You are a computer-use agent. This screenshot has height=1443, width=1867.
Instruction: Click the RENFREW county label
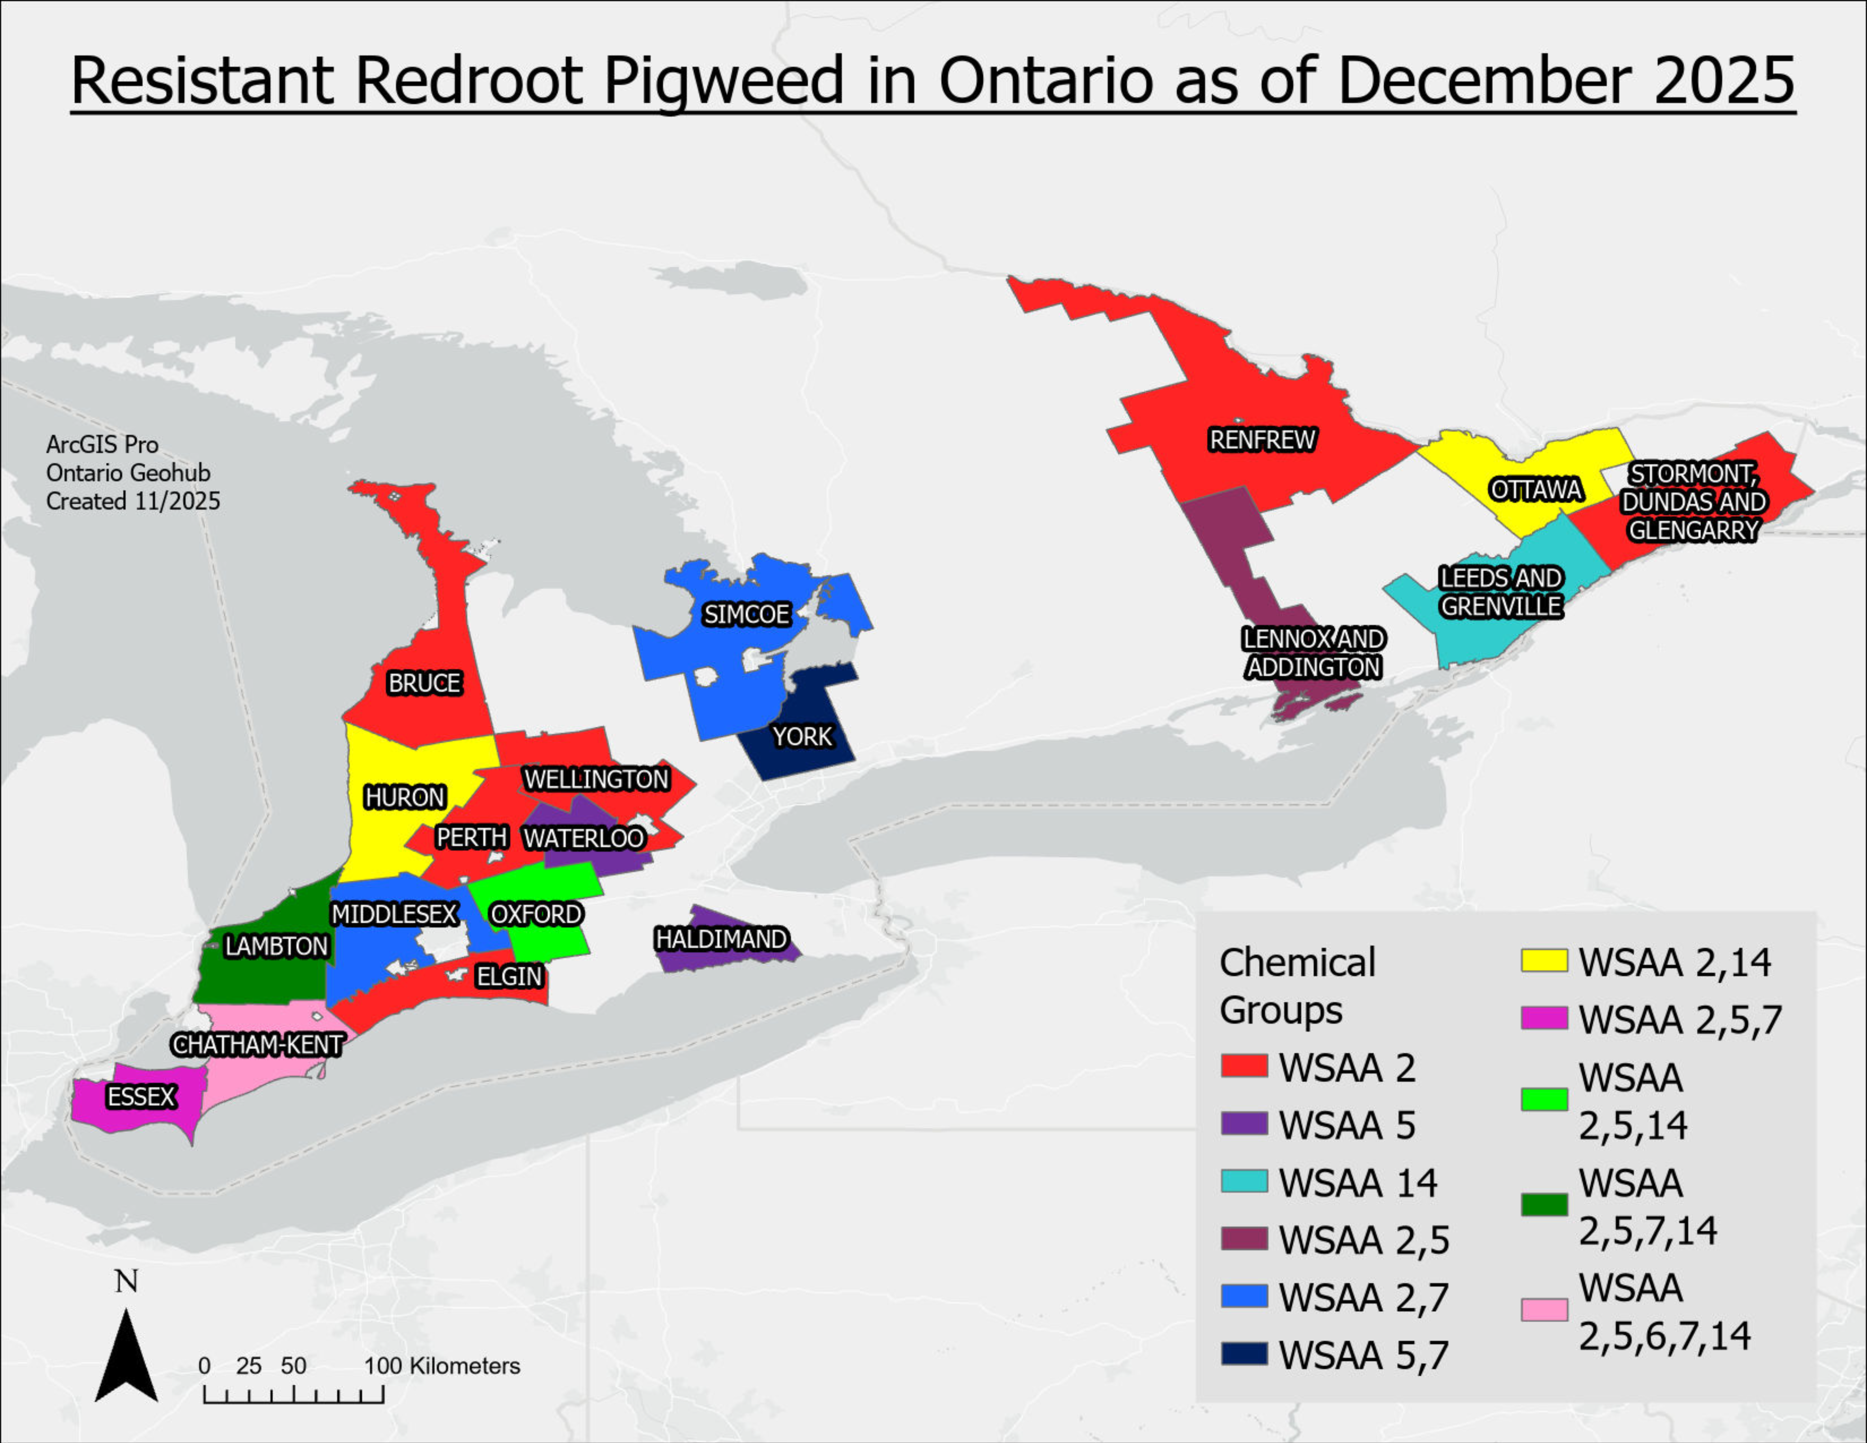click(1262, 440)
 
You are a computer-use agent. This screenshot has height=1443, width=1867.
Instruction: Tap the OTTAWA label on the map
click(1536, 490)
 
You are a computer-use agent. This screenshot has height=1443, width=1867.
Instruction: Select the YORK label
click(802, 737)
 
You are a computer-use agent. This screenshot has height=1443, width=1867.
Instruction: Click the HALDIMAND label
click(721, 939)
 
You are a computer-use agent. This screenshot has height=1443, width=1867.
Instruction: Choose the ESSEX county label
click(141, 1097)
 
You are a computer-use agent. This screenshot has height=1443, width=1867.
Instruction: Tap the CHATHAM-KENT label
click(257, 1045)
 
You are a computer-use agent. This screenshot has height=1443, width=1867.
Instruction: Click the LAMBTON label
click(276, 946)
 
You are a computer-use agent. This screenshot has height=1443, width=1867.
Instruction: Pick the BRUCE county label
click(424, 683)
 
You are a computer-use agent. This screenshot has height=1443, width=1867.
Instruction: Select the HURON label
click(404, 798)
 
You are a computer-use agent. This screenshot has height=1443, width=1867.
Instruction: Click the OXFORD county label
click(536, 914)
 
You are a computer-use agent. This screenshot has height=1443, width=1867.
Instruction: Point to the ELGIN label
click(509, 976)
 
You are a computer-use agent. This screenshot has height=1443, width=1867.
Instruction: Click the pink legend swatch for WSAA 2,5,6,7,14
click(1544, 1310)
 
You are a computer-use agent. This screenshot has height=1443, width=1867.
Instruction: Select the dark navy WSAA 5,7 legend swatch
click(1244, 1354)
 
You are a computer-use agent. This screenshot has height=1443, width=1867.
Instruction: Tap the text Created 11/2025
click(132, 501)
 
